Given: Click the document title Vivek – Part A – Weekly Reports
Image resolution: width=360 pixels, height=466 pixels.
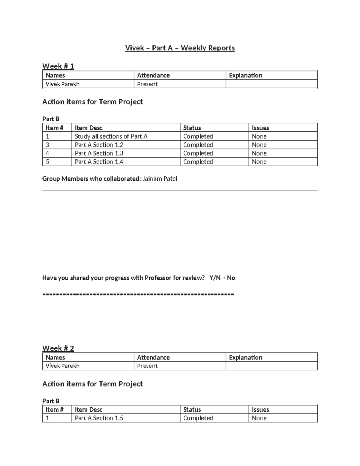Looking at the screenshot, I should (180, 48).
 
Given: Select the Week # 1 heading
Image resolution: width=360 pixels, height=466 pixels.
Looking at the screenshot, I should (58, 66).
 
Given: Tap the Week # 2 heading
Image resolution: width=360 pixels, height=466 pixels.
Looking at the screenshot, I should (58, 348).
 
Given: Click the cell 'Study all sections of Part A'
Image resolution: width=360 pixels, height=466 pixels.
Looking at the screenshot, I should (111, 136).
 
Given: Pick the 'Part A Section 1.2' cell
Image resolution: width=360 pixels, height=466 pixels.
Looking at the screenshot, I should (99, 145).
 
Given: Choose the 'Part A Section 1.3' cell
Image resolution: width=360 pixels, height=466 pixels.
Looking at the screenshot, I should (99, 153).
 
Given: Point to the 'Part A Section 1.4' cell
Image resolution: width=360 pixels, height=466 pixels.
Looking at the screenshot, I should (99, 162).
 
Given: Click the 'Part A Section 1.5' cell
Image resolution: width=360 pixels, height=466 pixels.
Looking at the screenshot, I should (99, 418).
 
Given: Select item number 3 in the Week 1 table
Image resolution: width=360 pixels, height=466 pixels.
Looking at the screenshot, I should (47, 145).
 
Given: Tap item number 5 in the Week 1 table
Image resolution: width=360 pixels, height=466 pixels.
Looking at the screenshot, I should (47, 162).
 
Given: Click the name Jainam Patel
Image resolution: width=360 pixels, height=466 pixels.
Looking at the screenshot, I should (160, 179).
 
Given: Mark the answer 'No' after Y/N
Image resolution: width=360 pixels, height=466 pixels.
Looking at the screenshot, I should (231, 278).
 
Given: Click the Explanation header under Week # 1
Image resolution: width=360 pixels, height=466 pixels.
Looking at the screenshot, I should (245, 75).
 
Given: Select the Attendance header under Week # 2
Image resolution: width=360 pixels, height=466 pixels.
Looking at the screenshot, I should (153, 357).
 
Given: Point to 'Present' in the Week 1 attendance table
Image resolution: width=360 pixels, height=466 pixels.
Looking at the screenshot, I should (147, 84).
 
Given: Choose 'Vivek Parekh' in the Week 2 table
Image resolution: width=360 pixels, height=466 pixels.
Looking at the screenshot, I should (62, 366).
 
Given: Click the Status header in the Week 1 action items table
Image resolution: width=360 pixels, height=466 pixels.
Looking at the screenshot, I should (192, 128).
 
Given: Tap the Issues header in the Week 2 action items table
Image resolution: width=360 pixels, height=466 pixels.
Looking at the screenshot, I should (260, 410).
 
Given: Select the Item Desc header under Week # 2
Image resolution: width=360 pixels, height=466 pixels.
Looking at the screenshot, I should (88, 410).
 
